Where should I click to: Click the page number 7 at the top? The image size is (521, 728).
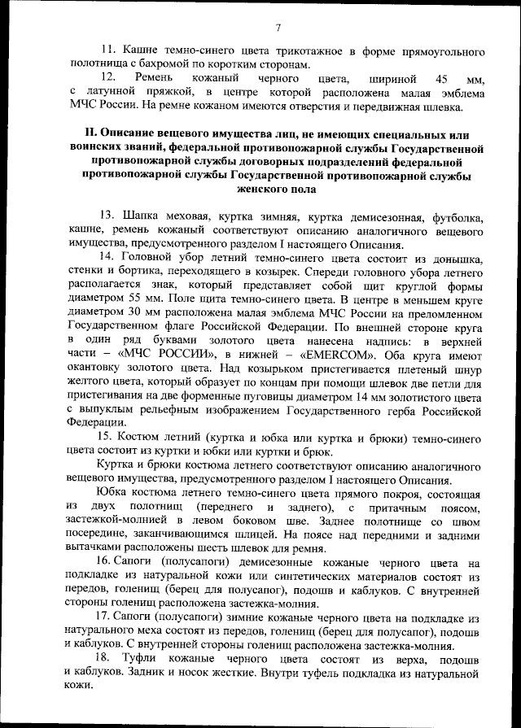277,29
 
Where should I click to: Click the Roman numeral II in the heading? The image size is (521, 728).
92,133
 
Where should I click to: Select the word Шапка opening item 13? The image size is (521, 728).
139,218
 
